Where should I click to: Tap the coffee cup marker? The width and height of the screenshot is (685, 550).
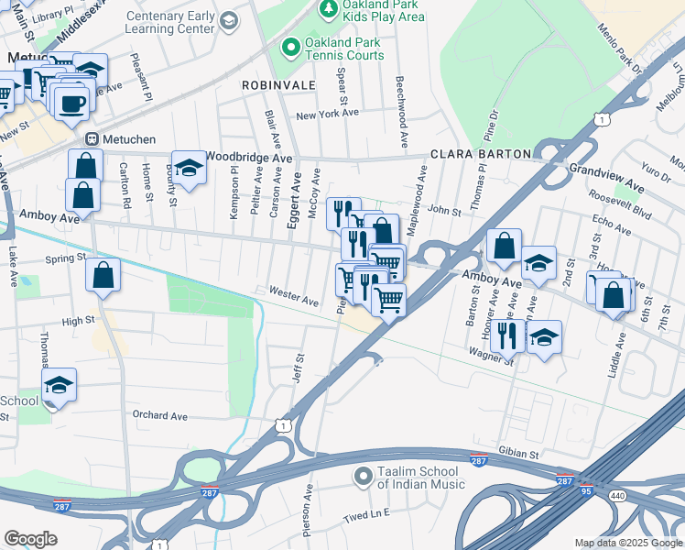[x=71, y=103]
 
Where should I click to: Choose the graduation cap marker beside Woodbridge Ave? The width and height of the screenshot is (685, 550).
[x=190, y=168]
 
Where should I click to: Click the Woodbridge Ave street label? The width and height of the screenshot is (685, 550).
[x=248, y=158]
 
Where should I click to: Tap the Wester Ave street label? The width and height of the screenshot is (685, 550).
[x=293, y=296]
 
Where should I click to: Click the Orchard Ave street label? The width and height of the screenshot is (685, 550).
[x=159, y=416]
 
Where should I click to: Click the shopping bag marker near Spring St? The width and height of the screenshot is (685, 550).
[x=103, y=274]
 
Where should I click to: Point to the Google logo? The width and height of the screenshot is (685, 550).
[x=30, y=539]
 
